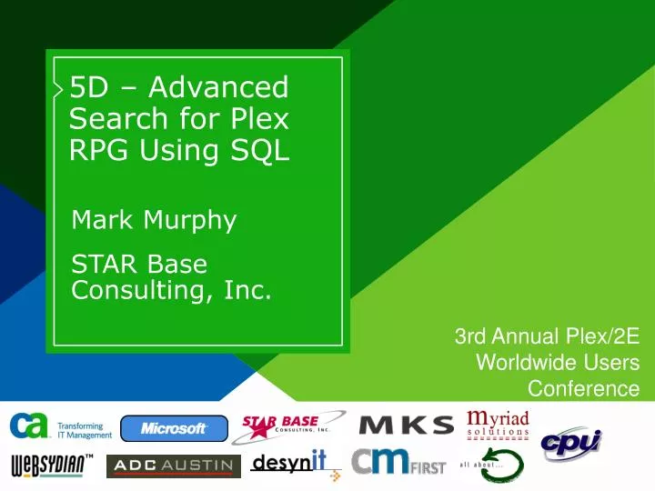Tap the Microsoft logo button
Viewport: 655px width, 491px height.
tap(174, 427)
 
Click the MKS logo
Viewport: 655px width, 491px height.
tap(407, 426)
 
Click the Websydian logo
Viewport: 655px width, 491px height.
tap(53, 466)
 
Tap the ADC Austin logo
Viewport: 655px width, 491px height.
tap(173, 466)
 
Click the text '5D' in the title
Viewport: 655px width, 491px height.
tap(90, 87)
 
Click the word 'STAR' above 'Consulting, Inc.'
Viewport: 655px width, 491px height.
tap(104, 264)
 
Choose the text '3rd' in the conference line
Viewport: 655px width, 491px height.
tap(470, 337)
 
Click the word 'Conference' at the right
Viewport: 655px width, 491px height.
tap(583, 388)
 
